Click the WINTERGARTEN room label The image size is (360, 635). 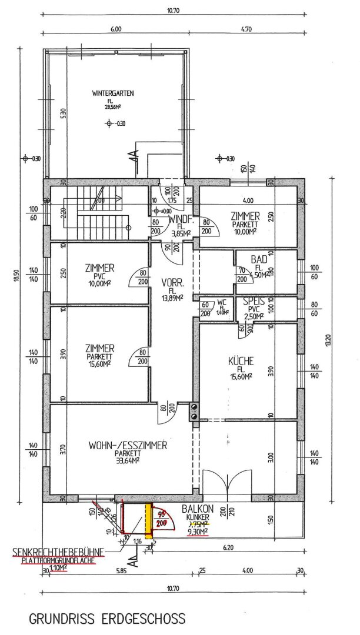(x=114, y=93)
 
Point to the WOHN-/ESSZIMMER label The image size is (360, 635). (x=128, y=446)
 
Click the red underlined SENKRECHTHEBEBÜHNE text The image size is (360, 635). (x=58, y=552)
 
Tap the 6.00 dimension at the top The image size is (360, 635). (x=115, y=29)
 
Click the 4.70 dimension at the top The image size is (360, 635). (x=246, y=29)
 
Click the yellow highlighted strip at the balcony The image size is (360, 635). (x=149, y=521)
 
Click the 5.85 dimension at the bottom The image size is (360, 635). (x=122, y=570)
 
